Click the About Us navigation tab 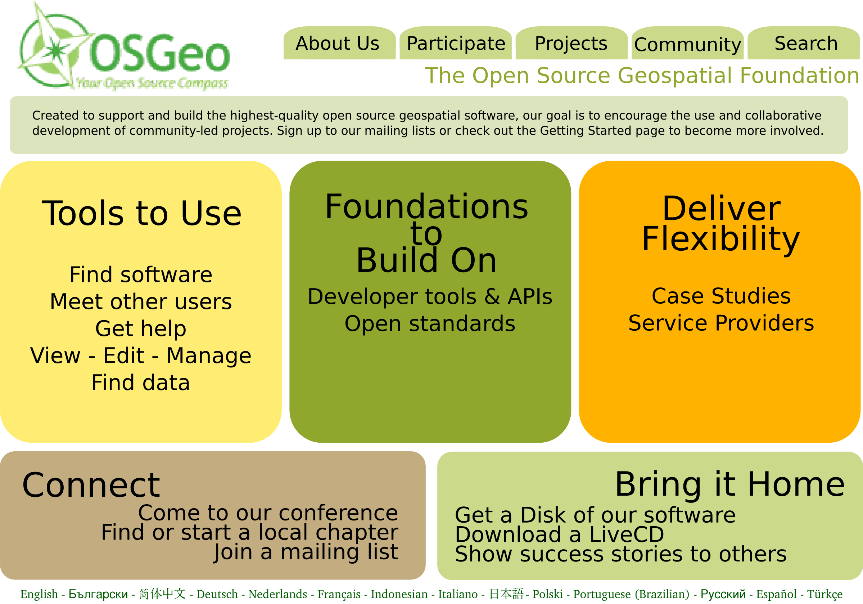click(339, 43)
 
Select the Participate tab click(456, 43)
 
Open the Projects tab click(571, 43)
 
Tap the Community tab click(687, 43)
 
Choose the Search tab click(804, 43)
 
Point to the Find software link click(141, 275)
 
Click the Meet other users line click(141, 301)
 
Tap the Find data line click(141, 383)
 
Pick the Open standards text click(430, 324)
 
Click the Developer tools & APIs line click(430, 297)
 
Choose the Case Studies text click(721, 296)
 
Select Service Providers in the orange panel click(721, 323)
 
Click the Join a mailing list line click(306, 552)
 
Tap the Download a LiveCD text click(559, 534)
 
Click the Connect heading click(91, 485)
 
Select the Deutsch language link click(217, 594)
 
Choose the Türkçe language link click(825, 595)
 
